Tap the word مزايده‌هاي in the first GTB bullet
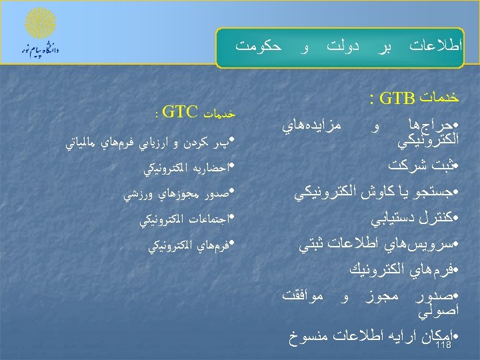pos(307,125)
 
